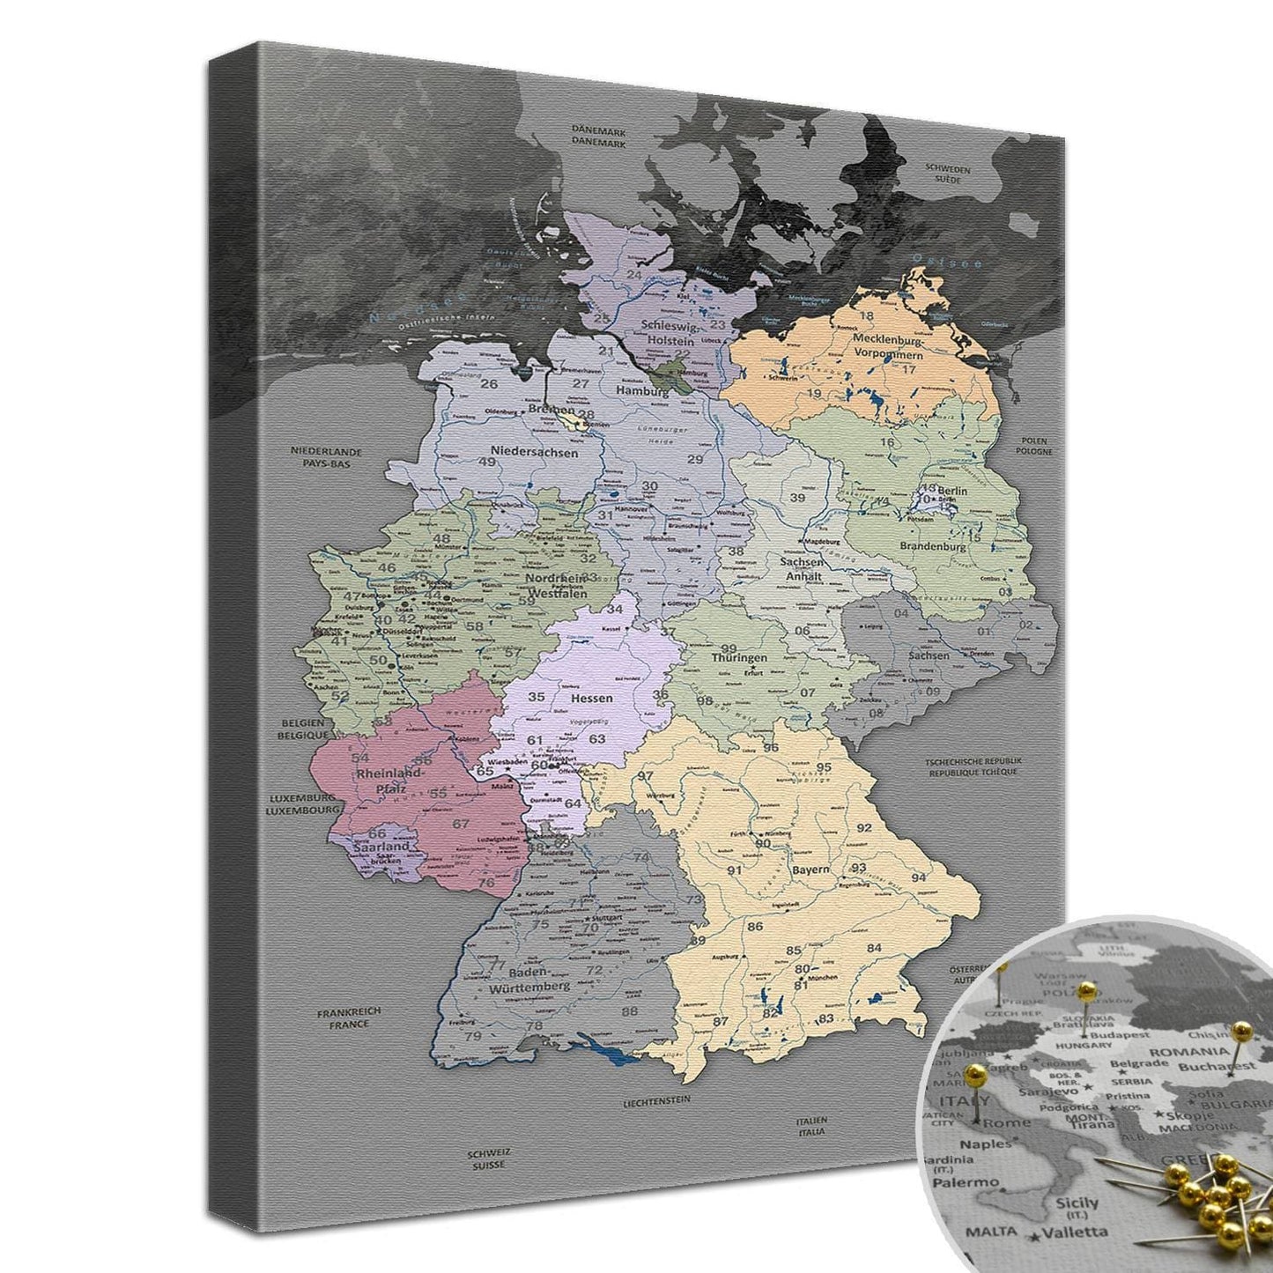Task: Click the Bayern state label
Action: point(810,869)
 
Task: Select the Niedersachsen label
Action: point(536,453)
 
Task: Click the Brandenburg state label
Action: point(933,546)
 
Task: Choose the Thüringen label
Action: point(739,657)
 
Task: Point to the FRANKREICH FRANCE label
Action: point(350,1018)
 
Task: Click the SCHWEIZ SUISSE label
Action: point(488,1158)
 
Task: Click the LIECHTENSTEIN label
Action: point(655,1100)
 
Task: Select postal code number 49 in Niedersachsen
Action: point(487,461)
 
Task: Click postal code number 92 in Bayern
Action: point(864,827)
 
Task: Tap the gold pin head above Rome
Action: point(975,1073)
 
